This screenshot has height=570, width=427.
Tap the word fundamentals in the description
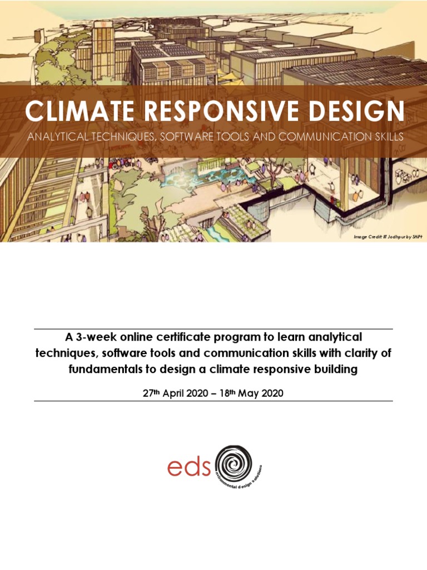point(102,369)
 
